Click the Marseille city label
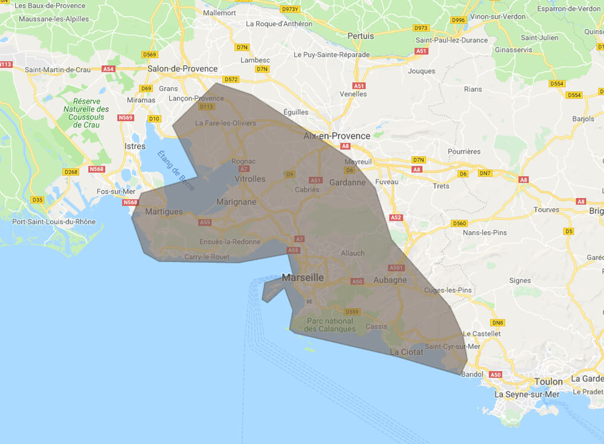click(x=303, y=278)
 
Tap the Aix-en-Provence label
click(x=336, y=136)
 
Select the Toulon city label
click(x=548, y=382)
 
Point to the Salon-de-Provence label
click(x=182, y=69)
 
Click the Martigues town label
click(x=164, y=212)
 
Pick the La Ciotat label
click(x=407, y=351)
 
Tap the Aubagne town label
click(x=390, y=280)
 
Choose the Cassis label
click(x=376, y=326)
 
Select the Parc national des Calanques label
click(x=330, y=325)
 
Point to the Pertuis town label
click(x=361, y=36)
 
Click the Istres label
click(x=135, y=146)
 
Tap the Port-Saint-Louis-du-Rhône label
click(x=54, y=222)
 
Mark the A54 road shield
click(x=109, y=69)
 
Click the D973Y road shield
click(x=291, y=9)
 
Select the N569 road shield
click(x=126, y=117)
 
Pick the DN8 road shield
click(x=498, y=322)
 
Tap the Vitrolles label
click(x=249, y=179)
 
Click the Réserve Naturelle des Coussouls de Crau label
click(x=86, y=113)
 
